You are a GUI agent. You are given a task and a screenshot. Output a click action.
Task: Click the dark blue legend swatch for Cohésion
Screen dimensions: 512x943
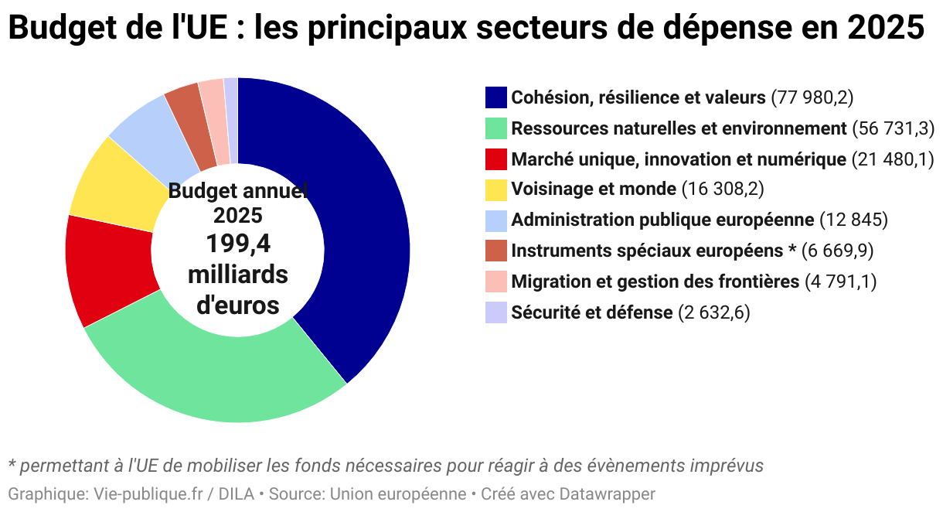coord(496,97)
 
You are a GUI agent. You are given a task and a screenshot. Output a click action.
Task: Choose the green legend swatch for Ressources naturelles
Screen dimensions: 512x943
coord(496,128)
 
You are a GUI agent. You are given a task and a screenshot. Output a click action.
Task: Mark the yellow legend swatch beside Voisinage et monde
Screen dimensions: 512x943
coord(496,189)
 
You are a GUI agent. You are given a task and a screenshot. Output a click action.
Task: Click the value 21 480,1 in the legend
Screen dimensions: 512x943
coord(893,159)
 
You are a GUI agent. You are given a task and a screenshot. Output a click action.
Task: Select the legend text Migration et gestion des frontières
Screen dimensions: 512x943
coord(655,282)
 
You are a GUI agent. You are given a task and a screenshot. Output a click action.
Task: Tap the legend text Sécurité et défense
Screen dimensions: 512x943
coord(591,312)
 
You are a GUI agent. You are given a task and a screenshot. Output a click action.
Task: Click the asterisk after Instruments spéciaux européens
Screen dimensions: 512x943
coord(792,249)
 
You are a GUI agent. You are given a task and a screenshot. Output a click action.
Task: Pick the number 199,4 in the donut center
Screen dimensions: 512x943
coord(238,244)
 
